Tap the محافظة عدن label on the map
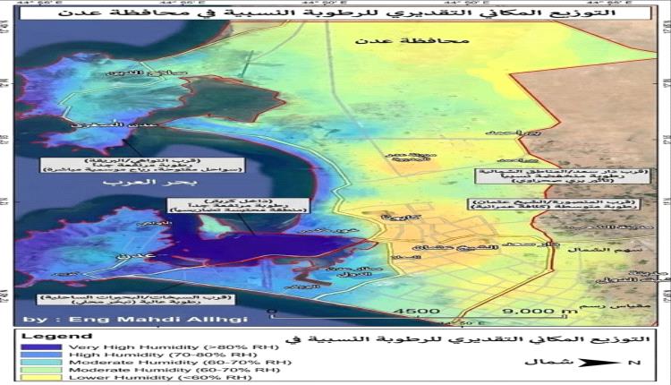pyautogui.click(x=393, y=41)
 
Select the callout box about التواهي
pyautogui.click(x=88, y=162)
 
